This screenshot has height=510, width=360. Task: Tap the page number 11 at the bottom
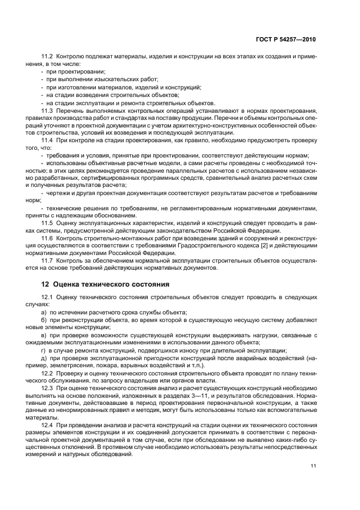pos(313,465)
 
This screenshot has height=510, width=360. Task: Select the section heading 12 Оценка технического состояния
pos(105,284)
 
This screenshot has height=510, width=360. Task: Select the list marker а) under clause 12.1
pos(44,312)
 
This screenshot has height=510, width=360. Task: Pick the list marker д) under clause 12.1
pos(44,357)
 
